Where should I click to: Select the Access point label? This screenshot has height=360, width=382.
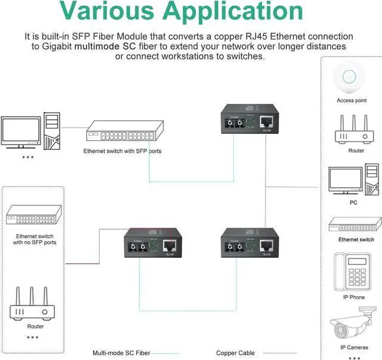point(352,100)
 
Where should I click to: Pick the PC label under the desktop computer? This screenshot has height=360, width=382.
point(353,202)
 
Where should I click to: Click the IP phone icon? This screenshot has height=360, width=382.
point(352,271)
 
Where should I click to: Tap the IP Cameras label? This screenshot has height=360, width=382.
point(354,347)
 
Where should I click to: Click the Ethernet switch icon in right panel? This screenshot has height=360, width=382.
point(355,225)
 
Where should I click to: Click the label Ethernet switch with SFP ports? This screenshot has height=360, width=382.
point(122,151)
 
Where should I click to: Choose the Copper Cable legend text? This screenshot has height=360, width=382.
point(235,353)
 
